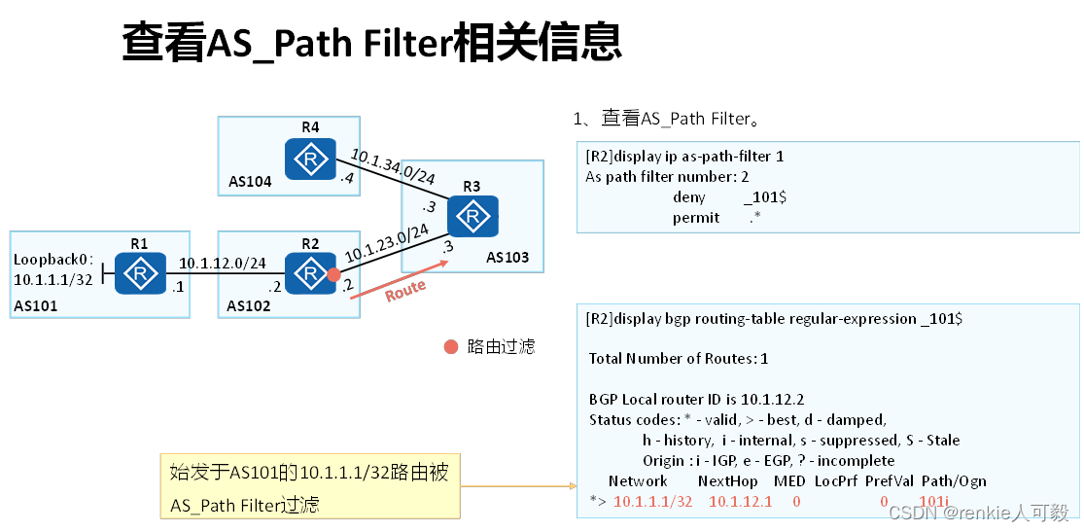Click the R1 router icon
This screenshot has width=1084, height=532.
140,272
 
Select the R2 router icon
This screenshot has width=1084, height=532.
310,272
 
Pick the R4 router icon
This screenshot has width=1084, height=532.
310,159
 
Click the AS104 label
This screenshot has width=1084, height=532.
251,181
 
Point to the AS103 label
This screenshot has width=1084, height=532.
507,258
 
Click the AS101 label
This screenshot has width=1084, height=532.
37,306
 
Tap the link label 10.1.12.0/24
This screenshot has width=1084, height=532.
222,263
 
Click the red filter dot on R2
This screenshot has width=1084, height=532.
333,275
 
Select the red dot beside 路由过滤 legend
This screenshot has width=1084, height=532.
450,346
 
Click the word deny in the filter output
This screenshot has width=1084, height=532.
688,197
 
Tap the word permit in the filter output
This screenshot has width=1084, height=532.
696,218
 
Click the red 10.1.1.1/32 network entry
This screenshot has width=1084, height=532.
652,501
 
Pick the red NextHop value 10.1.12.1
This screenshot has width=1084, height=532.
740,501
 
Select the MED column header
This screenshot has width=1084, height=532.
788,480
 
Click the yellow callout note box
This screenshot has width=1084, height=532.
310,485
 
